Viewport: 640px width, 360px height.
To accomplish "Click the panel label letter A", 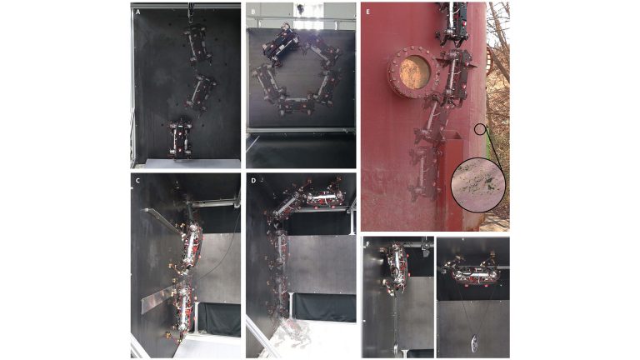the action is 138,12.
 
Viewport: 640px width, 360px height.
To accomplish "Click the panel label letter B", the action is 253,12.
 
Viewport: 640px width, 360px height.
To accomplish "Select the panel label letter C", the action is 138,180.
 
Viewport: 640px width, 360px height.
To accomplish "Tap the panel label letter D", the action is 253,180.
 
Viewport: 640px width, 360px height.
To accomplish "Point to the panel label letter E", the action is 367,12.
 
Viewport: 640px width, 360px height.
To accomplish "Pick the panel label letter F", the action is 367,244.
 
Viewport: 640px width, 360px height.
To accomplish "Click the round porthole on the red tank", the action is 414,72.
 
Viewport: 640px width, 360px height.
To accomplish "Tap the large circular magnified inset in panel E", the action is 478,185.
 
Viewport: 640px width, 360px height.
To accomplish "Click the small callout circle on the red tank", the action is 480,129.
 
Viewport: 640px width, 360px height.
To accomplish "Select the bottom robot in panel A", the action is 180,139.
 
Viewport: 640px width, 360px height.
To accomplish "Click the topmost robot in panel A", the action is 198,44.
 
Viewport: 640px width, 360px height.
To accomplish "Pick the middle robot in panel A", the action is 200,93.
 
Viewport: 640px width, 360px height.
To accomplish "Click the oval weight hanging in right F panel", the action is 474,343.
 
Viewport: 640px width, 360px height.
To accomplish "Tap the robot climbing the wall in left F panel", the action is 396,267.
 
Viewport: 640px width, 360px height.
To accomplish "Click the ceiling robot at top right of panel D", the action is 324,197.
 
